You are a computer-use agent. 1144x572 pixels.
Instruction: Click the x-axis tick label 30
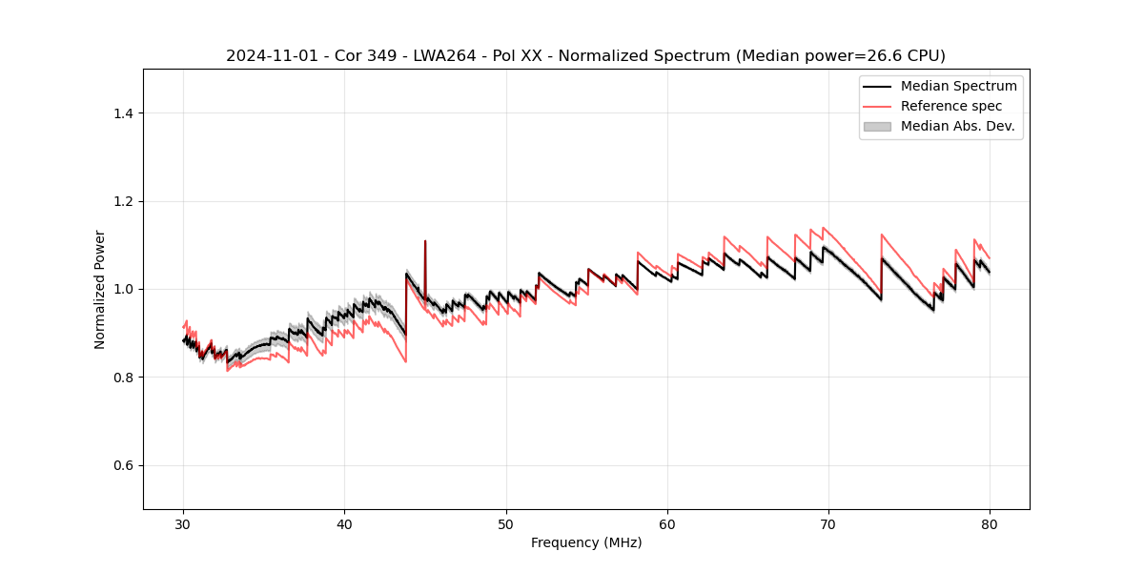[183, 523]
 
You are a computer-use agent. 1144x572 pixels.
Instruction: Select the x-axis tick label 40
[344, 523]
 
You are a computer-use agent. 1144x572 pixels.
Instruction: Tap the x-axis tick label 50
[505, 523]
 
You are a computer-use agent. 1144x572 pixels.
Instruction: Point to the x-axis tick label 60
[667, 523]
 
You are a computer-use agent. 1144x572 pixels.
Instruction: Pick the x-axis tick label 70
[828, 523]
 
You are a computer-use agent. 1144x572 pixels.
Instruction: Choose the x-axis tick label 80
[990, 523]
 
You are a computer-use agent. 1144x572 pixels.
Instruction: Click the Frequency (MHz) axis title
[586, 542]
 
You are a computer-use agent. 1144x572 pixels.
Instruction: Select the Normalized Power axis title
[100, 289]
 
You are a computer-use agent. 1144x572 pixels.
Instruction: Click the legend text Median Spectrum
[958, 86]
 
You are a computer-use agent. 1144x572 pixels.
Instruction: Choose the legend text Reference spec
[951, 106]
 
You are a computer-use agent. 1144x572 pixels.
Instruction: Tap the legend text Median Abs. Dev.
[957, 126]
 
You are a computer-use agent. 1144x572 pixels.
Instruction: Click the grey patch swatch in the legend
[877, 126]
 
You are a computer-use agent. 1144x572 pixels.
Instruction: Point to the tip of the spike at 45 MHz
[425, 241]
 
